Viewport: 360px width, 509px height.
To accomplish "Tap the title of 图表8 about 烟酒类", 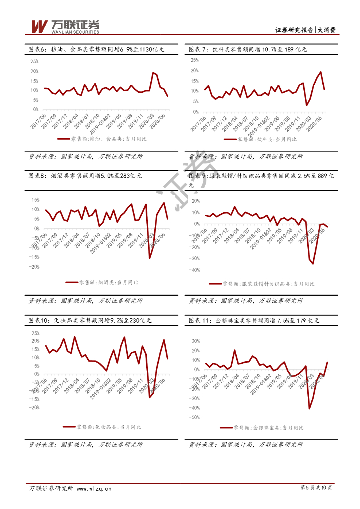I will (85, 176).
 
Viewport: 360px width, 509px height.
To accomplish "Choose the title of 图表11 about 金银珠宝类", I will (254, 321).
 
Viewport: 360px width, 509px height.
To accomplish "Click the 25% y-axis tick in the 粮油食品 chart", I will (35, 62).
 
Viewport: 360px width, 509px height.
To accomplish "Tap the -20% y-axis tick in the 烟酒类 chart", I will (34, 267).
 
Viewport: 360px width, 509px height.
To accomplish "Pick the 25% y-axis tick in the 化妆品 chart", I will (35, 333).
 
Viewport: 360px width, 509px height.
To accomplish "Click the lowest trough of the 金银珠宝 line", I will (309, 409).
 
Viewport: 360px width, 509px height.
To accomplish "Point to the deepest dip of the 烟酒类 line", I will (150, 258).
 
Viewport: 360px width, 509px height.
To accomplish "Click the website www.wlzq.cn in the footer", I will (93, 488).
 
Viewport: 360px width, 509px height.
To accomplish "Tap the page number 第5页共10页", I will (316, 488).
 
